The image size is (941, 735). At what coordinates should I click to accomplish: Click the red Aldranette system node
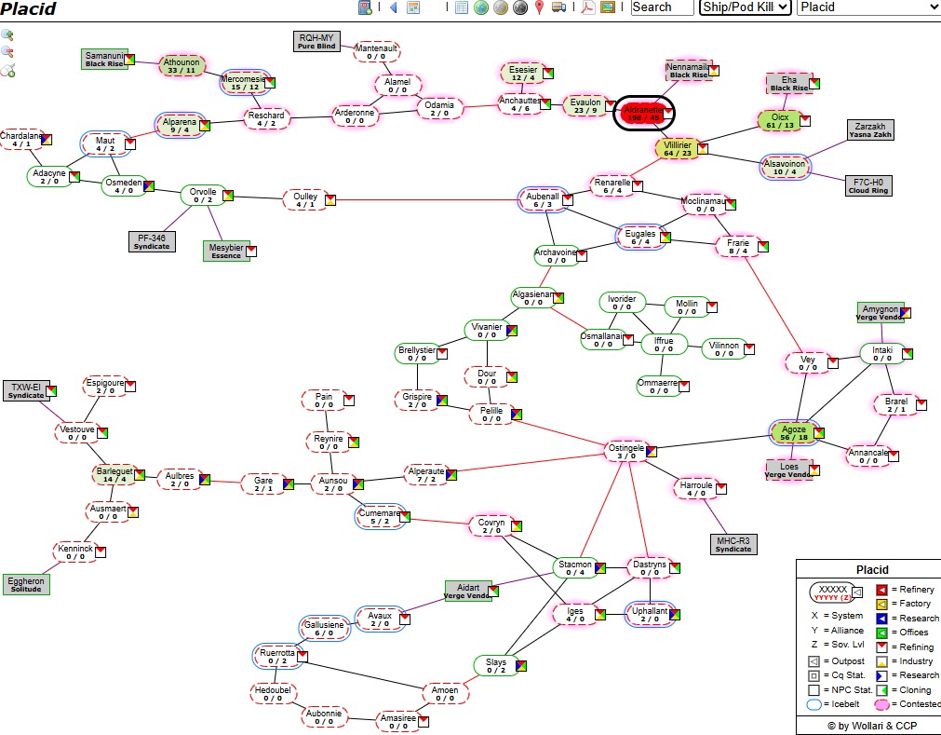643,114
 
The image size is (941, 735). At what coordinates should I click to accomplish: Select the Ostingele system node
625,452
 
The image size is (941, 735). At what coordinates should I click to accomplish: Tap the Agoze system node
794,433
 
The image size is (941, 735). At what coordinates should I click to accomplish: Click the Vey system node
807,362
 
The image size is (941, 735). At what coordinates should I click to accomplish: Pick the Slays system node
496,665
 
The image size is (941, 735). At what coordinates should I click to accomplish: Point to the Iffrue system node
663,345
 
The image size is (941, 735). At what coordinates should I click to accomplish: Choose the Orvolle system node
202,196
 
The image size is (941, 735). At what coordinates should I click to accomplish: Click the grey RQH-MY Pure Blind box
316,41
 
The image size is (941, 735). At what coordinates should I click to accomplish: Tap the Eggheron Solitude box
26,584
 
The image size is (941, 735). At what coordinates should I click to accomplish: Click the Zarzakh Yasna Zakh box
870,129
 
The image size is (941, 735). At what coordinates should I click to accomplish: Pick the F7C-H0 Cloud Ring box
867,185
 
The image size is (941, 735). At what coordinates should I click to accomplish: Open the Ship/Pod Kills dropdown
746,7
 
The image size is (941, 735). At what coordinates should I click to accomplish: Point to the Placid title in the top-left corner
28,9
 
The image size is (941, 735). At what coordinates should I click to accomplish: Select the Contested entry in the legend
907,704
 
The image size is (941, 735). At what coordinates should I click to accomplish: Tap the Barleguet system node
114,475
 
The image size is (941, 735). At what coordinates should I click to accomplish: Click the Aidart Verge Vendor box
468,591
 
